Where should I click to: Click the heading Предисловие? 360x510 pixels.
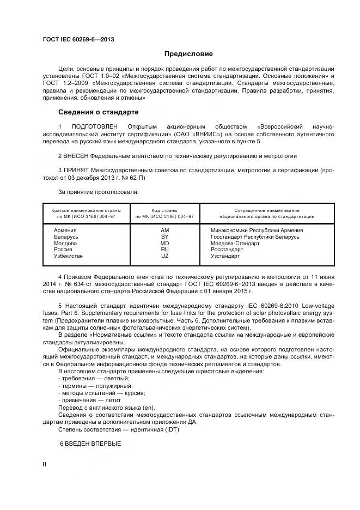click(x=189, y=54)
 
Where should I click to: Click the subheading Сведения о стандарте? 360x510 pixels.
click(x=98, y=112)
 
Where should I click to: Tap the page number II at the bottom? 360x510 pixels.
click(x=45, y=463)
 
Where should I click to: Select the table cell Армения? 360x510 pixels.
click(x=65, y=230)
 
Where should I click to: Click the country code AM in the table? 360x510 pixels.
click(x=165, y=230)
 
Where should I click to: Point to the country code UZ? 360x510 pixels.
click(x=165, y=256)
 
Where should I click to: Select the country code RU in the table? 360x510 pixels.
click(x=165, y=249)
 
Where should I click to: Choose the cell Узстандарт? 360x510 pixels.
click(x=225, y=256)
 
